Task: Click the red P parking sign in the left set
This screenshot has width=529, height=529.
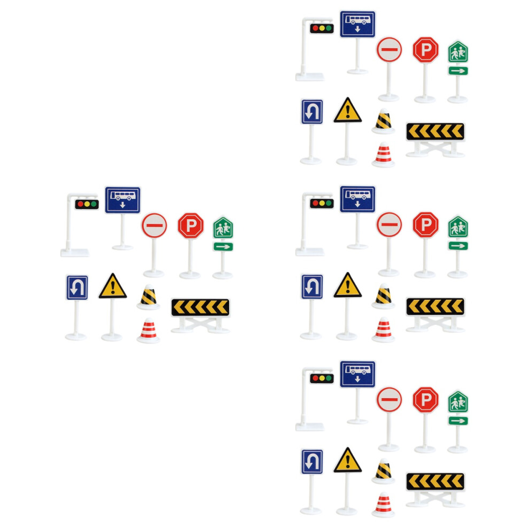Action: (x=191, y=225)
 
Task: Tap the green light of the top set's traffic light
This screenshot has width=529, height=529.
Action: (x=329, y=28)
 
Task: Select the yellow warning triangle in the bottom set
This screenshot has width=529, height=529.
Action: (x=347, y=460)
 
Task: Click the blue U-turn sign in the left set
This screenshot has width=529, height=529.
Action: (x=77, y=288)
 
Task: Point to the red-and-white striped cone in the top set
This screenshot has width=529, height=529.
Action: (x=383, y=154)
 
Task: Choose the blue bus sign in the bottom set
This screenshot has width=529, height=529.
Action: (x=357, y=374)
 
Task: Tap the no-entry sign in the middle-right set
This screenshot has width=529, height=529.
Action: (x=390, y=224)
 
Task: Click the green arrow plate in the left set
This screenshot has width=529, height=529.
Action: (x=223, y=247)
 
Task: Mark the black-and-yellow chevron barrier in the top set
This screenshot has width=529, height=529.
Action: (x=435, y=131)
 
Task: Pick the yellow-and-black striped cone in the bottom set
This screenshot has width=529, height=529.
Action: (x=383, y=471)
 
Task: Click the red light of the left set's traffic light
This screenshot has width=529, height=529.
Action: (x=80, y=204)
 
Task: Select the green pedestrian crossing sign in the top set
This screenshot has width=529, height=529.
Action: (x=458, y=52)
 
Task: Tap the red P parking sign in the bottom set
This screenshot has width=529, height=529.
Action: (x=426, y=400)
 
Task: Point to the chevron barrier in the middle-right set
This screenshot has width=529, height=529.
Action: (x=435, y=306)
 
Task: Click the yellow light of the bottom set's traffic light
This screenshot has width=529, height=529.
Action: (x=322, y=378)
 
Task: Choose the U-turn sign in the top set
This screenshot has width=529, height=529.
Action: (x=312, y=112)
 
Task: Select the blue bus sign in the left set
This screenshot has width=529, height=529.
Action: (x=122, y=200)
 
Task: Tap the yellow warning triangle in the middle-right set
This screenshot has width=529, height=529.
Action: (x=347, y=285)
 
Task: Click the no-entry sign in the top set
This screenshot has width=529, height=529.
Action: (x=390, y=50)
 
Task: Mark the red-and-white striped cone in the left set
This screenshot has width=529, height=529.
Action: (x=148, y=330)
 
